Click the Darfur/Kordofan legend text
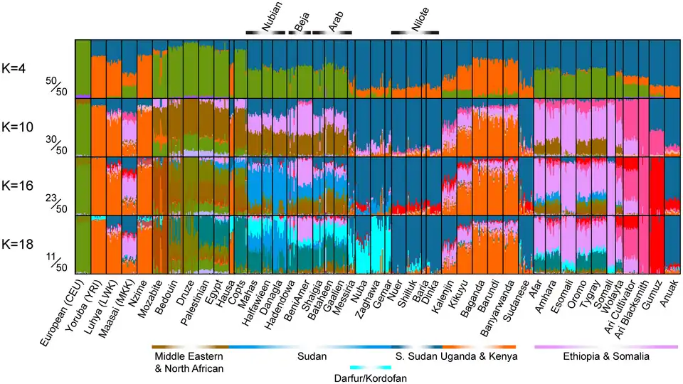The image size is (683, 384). pos(371,378)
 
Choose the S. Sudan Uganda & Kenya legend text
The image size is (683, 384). pos(455,355)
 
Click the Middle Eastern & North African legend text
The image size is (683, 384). pos(189,361)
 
